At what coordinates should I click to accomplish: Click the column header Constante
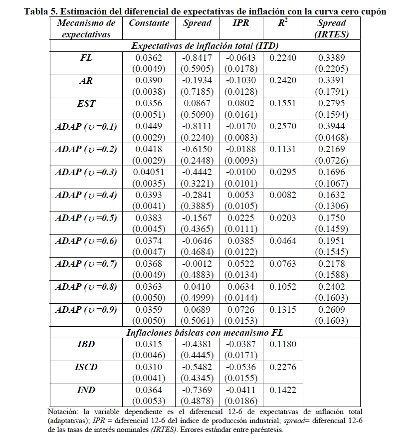point(149,23)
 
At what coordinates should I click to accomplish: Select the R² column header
point(283,23)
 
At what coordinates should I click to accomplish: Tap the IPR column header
point(241,23)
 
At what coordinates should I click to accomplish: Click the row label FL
point(86,57)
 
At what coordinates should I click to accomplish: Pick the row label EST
point(86,103)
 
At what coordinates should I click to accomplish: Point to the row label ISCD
point(86,367)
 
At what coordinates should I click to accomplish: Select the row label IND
point(86,390)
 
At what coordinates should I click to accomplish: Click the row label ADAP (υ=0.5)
point(86,218)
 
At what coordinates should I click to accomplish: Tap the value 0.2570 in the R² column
point(283,126)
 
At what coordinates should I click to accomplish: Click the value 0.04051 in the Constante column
point(149,172)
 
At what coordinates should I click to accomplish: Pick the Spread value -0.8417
point(197,57)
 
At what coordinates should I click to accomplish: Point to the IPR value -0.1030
point(241,80)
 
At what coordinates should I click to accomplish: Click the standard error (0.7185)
point(197,92)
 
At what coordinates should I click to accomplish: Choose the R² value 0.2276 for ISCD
point(283,367)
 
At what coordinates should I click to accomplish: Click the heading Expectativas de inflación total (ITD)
point(205,46)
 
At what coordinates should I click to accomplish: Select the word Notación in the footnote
point(64,412)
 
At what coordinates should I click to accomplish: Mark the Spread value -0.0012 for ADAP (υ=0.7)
point(197,264)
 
